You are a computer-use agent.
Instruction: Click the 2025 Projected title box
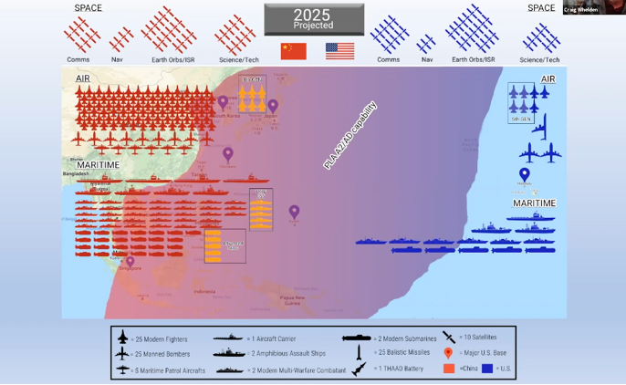coord(313,19)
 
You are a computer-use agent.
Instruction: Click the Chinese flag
coord(293,51)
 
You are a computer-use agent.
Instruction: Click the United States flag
coord(339,51)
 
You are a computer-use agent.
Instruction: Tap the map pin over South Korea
coord(223,103)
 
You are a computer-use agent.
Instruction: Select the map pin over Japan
coord(273,107)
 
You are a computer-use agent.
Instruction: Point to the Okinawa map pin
coord(228,154)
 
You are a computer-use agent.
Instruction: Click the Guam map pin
coord(294,212)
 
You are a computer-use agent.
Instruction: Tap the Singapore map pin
coord(130,262)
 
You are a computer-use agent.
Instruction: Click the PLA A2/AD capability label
coord(350,136)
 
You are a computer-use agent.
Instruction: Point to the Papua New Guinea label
coord(293,299)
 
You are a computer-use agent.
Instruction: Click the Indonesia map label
coord(204,292)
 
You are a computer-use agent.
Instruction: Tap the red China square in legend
coord(449,369)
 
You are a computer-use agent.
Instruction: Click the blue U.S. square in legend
coord(487,369)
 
